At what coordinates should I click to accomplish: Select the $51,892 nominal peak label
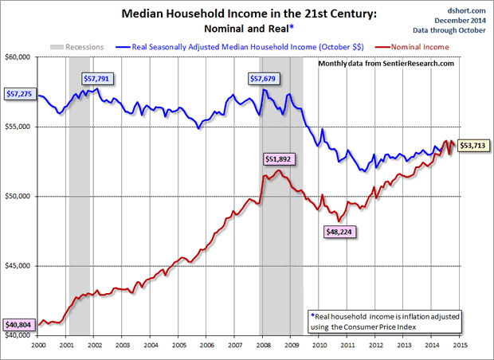point(276,158)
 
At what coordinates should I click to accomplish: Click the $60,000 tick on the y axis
point(18,57)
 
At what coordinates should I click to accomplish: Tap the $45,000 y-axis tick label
point(18,266)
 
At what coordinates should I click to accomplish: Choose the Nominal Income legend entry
point(430,46)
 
